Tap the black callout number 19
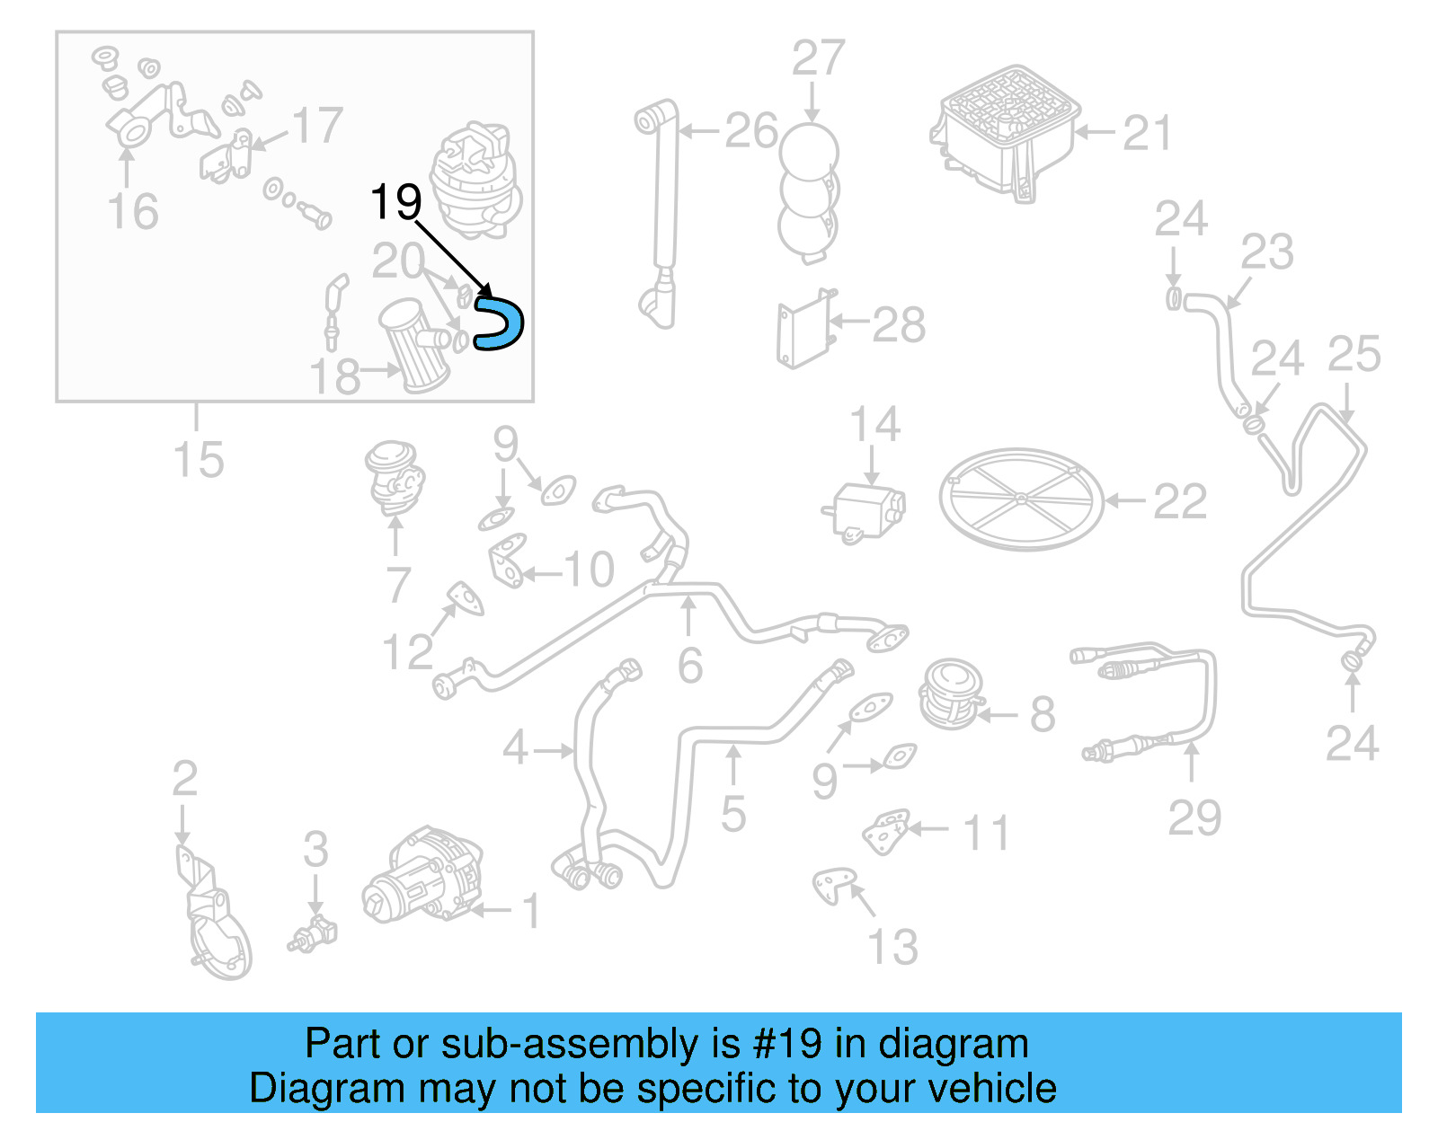395,202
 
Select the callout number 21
1148,133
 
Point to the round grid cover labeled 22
1021,499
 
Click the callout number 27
818,58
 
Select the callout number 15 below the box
199,460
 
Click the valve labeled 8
951,694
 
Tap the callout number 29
1194,817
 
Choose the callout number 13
892,947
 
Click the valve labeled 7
395,478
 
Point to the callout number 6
689,666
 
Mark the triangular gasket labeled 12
466,598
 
